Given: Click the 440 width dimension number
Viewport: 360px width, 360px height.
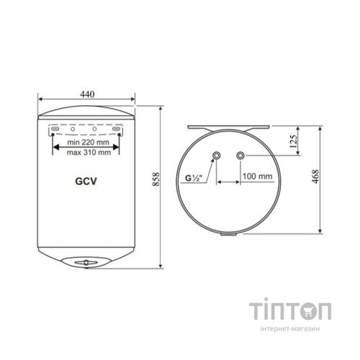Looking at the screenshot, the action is pyautogui.click(x=87, y=94).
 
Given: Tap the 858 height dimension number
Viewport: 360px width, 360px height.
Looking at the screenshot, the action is pyautogui.click(x=156, y=179).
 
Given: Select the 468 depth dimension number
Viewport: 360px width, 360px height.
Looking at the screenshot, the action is pyautogui.click(x=315, y=176).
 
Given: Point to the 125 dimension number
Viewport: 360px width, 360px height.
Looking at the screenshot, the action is pyautogui.click(x=294, y=141).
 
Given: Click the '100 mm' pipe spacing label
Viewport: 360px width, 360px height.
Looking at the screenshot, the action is pyautogui.click(x=257, y=176).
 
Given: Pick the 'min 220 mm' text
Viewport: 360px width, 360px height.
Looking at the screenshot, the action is pyautogui.click(x=88, y=143).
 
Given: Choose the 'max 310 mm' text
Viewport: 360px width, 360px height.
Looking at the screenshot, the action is pyautogui.click(x=89, y=153).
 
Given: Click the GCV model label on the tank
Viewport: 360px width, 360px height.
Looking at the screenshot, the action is pyautogui.click(x=86, y=181).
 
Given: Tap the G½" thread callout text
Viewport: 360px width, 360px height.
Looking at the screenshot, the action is pyautogui.click(x=194, y=179).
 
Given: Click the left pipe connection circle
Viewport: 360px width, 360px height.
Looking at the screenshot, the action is pyautogui.click(x=217, y=156).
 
